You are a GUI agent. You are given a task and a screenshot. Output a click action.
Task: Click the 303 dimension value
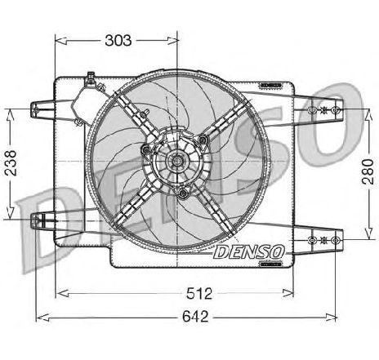(118, 41)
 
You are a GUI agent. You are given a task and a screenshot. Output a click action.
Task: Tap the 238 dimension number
(11, 163)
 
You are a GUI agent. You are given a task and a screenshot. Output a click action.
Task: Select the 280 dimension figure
(368, 171)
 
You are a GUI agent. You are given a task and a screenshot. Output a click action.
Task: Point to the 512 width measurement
(199, 294)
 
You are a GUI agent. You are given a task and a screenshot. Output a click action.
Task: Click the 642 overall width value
(195, 317)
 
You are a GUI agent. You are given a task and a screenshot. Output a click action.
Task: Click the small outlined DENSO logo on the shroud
(248, 252)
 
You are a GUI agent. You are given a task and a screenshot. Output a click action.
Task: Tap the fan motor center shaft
(177, 161)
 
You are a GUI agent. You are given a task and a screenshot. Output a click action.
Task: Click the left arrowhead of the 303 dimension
(61, 41)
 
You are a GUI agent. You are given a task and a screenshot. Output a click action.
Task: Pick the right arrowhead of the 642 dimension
(331, 317)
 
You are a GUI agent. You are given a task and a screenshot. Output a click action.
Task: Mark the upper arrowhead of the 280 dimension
(368, 115)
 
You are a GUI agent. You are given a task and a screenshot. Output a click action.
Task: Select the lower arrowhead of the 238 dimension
(10, 213)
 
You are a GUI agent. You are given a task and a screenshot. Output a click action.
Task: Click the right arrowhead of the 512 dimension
(288, 293)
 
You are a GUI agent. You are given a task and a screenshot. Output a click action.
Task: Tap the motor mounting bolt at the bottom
(183, 193)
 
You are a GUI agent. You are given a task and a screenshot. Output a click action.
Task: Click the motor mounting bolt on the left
(146, 149)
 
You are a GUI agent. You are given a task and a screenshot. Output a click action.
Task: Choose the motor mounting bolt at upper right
(203, 140)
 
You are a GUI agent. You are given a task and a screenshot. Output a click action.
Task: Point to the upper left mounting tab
(42, 109)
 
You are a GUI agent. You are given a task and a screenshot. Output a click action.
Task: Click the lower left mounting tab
(42, 221)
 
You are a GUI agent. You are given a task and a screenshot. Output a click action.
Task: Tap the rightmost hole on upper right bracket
(336, 109)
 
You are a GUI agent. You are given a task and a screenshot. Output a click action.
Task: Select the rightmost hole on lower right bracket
(336, 240)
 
